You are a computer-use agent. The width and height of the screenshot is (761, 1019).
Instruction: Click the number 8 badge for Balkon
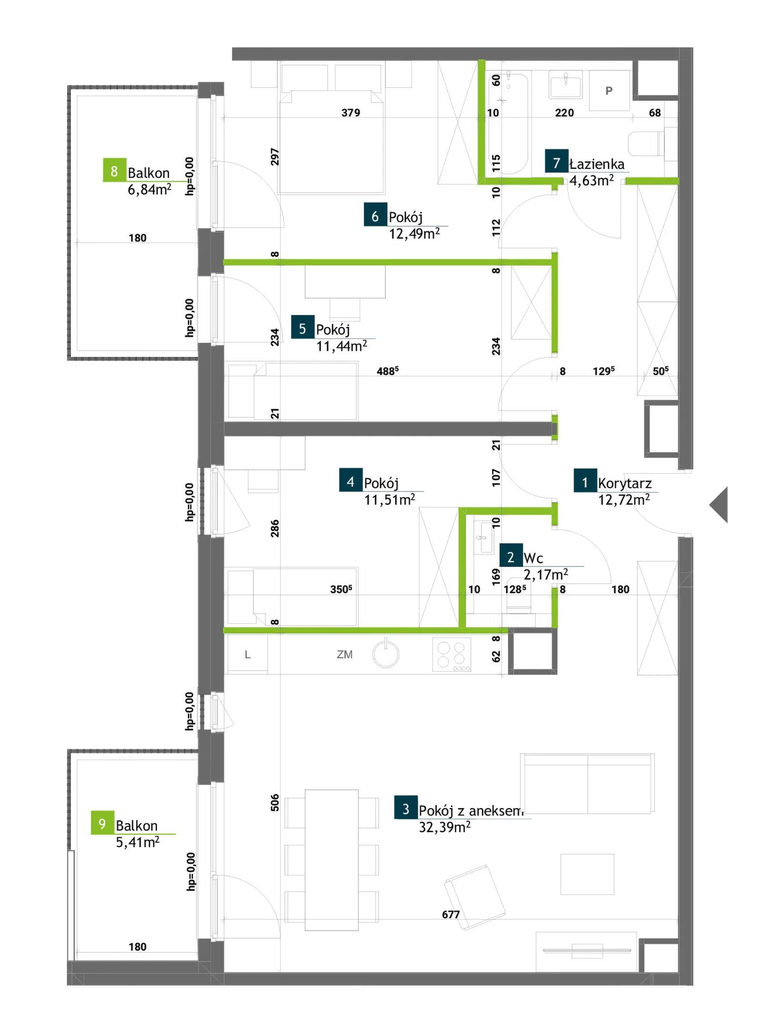(115, 170)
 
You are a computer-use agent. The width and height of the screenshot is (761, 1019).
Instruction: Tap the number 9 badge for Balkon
(102, 823)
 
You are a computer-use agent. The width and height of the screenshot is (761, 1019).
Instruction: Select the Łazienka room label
(597, 164)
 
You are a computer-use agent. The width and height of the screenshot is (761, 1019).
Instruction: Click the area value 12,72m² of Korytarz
(624, 500)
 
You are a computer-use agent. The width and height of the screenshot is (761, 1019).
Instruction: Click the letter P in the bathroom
(609, 91)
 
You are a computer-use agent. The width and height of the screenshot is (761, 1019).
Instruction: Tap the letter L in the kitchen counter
(247, 654)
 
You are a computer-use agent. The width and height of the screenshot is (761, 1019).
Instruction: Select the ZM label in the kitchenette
(344, 654)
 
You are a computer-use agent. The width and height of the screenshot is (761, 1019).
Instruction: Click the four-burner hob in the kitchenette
(452, 655)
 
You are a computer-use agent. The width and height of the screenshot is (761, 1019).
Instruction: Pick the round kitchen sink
(386, 654)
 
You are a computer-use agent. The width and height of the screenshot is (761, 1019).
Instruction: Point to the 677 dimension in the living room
(450, 914)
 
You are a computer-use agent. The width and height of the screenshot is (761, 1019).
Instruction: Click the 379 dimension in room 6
(351, 113)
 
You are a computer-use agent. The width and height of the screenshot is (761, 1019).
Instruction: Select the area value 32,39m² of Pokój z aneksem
(444, 827)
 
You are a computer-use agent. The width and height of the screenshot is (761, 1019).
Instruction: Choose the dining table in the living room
(332, 860)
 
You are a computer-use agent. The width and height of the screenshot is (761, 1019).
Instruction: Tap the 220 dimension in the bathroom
(564, 113)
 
